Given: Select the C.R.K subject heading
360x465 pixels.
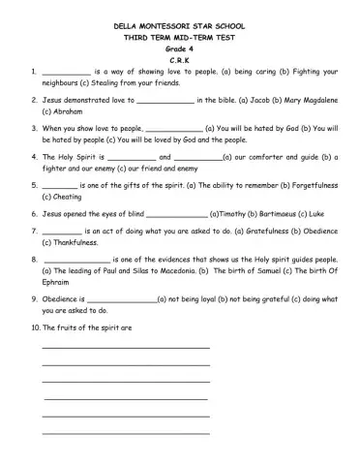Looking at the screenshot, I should [x=180, y=59].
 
